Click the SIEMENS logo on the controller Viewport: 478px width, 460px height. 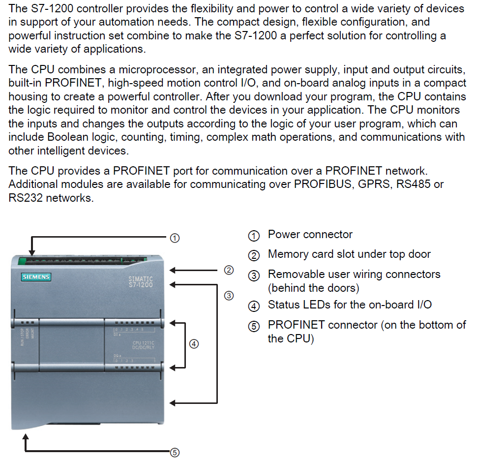click(36, 276)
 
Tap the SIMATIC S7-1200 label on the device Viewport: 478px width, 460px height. click(141, 282)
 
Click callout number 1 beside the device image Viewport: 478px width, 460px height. click(174, 238)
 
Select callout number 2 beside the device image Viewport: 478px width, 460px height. click(229, 270)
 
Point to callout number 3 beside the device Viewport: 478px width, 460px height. click(229, 296)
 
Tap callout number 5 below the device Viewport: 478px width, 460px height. click(174, 453)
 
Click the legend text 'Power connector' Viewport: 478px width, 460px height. click(310, 235)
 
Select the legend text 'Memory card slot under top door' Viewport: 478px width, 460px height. click(349, 254)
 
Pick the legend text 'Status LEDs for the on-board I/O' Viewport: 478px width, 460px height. click(350, 305)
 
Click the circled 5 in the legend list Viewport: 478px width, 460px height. click(254, 326)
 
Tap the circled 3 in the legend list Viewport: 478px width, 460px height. click(254, 276)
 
